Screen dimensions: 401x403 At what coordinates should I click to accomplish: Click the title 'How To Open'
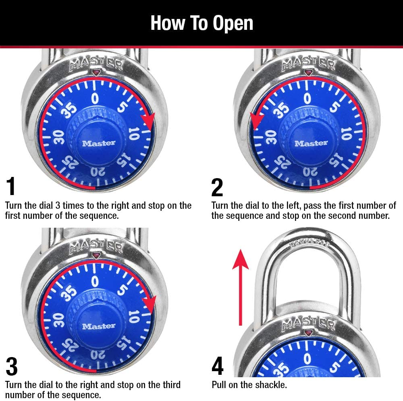pos(201,23)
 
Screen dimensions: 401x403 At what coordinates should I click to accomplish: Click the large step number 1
pos(11,187)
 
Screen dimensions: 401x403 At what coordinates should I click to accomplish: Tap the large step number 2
pos(217,187)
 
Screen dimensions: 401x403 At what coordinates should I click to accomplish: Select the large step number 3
pos(12,366)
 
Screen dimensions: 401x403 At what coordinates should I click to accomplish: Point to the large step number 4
pos(217,366)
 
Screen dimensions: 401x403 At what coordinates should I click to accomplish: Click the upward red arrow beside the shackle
pos(241,286)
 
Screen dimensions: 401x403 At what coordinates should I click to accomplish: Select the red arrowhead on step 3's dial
pos(150,303)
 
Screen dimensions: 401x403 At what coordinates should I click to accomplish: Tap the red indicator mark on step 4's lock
pos(309,333)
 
